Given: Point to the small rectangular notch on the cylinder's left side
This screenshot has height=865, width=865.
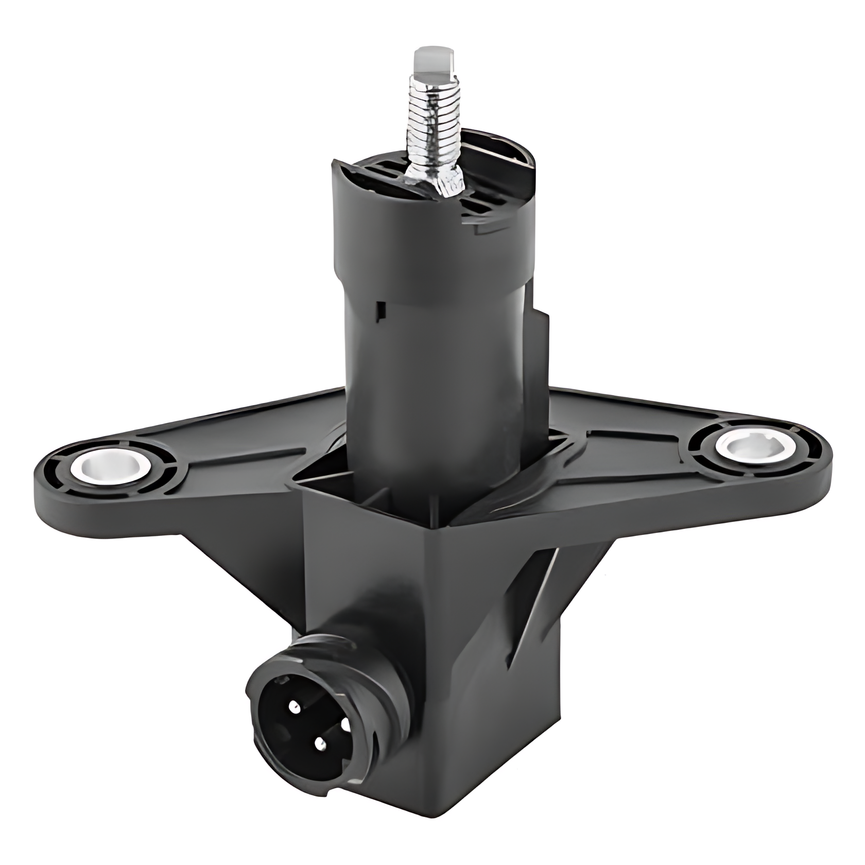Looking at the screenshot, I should pos(381,309).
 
